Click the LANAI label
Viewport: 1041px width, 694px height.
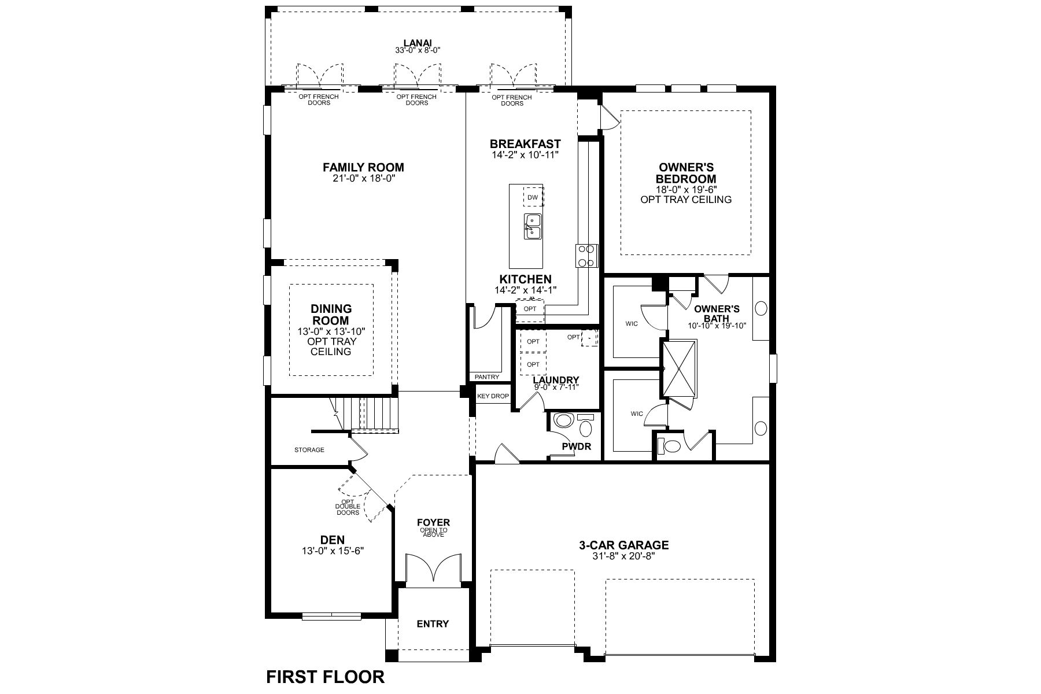click(x=418, y=42)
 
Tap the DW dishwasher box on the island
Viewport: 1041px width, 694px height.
click(x=533, y=197)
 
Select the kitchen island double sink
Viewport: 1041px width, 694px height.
click(x=533, y=226)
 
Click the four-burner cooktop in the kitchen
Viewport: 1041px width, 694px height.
click(x=586, y=256)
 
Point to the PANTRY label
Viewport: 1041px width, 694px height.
click(x=486, y=377)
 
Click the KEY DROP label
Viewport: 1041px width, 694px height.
click(x=493, y=396)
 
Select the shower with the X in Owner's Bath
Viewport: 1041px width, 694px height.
click(x=680, y=368)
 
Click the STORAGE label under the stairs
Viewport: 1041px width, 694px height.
click(x=309, y=450)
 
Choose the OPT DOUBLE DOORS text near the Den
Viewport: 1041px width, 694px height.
click(x=348, y=507)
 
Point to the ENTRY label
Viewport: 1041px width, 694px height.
click(x=433, y=623)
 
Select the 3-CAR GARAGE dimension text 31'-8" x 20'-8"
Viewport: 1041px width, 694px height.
click(x=623, y=555)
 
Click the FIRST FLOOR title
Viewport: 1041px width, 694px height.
click(x=325, y=677)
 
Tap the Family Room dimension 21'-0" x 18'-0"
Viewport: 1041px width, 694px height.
click(x=363, y=178)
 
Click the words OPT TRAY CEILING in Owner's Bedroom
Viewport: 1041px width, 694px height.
click(x=686, y=200)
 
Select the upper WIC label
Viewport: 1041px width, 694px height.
click(x=632, y=323)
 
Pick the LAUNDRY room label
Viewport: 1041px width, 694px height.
click(x=556, y=380)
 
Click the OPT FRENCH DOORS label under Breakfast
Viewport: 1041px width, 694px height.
click(x=512, y=100)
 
